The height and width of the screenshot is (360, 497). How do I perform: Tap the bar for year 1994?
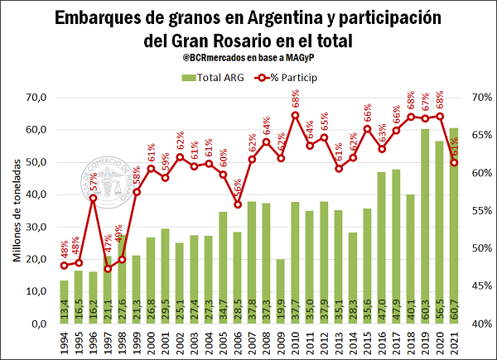tap(64, 302)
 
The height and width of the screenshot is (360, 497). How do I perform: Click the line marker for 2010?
tap(295, 114)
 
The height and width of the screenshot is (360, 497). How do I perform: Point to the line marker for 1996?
tap(94, 198)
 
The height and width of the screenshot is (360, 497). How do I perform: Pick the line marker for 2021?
tap(455, 162)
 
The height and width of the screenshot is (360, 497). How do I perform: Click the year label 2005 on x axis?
tap(224, 340)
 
